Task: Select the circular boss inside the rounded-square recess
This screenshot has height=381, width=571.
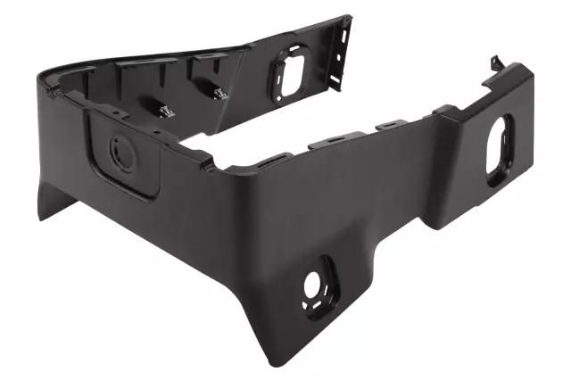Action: click(120, 153)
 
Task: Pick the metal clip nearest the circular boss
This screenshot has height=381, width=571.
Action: click(165, 109)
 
